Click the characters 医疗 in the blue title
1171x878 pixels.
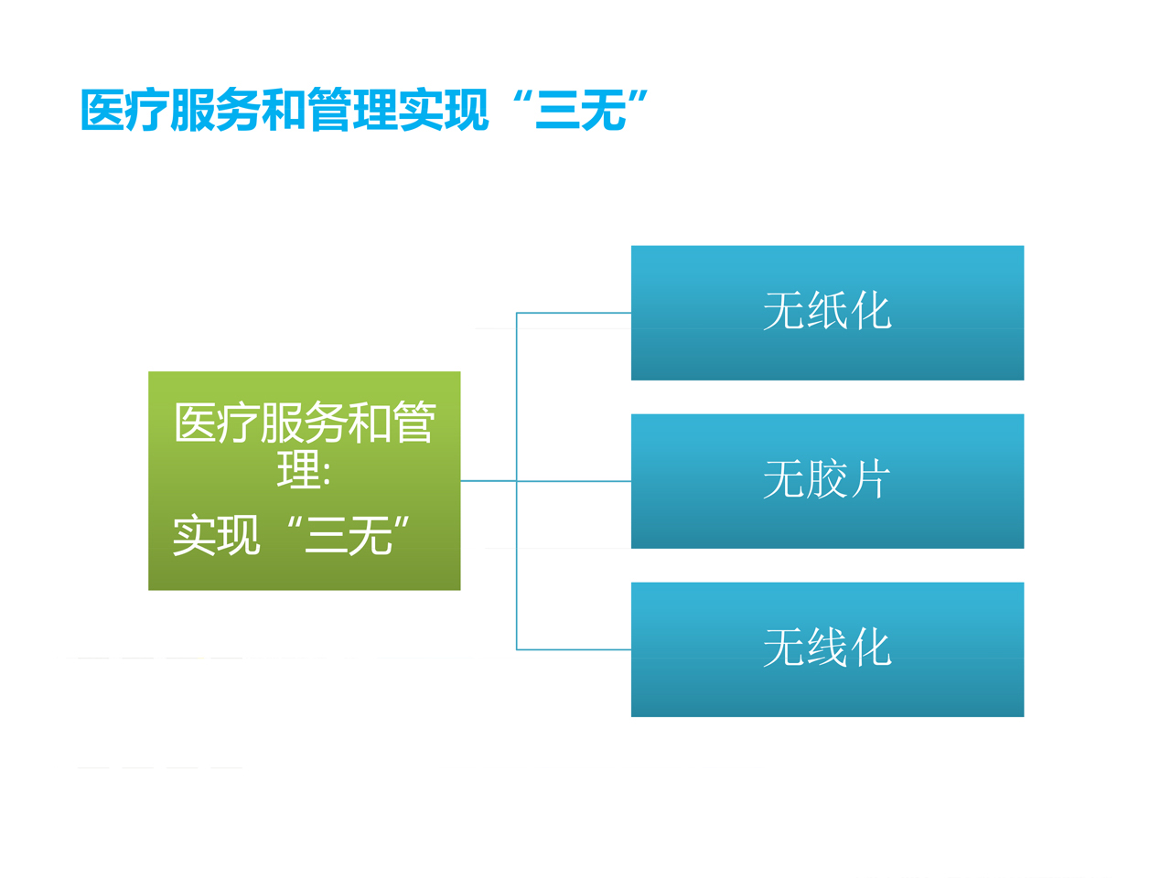125,110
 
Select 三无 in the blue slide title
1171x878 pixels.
580,110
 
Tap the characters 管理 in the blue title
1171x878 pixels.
352,110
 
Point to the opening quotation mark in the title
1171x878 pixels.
521,98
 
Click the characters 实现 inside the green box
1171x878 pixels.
217,535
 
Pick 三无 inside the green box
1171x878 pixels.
349,535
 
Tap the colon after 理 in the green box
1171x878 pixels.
327,474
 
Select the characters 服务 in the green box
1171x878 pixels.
304,423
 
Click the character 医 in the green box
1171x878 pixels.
196,423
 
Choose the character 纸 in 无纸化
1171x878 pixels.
827,311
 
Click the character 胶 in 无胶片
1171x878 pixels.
827,479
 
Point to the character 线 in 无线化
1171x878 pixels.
827,648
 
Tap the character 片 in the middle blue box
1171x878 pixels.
870,479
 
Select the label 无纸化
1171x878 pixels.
827,311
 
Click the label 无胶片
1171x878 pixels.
827,479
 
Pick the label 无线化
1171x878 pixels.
827,648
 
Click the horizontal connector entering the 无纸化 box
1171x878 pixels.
574,313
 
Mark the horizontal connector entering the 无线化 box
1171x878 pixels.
574,649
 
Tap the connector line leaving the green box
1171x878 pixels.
489,481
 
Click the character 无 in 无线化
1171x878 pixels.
784,648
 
